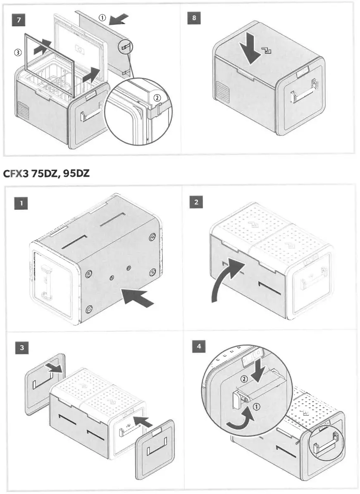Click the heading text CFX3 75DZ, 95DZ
coord(47,173)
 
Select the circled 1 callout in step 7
coord(102,17)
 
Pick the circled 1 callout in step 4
coord(256,407)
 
